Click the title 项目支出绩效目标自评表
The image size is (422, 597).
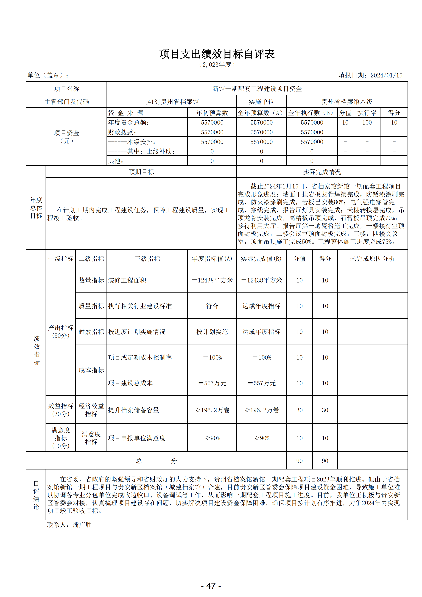(217, 54)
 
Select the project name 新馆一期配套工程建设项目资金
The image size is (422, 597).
(257, 89)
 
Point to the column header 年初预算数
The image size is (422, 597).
(212, 113)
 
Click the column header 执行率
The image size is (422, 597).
(367, 113)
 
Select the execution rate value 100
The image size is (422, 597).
(367, 122)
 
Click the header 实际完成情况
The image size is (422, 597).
(322, 172)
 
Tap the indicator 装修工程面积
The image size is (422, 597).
(127, 280)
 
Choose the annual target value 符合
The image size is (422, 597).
(212, 306)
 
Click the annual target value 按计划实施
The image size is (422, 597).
(212, 332)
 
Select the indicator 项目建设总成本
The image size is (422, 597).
(130, 383)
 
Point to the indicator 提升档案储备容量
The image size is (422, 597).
(134, 410)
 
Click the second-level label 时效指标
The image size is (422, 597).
(91, 332)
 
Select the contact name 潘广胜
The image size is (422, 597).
(82, 525)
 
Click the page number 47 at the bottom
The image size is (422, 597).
(211, 585)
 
